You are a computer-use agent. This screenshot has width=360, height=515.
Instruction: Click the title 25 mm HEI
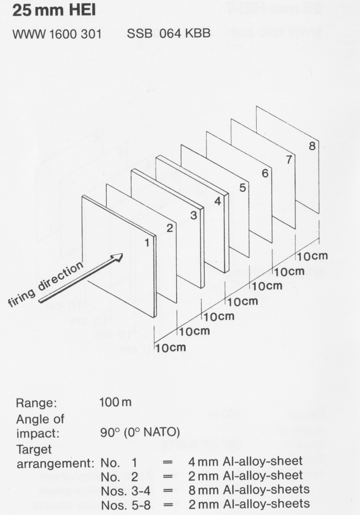point(54,10)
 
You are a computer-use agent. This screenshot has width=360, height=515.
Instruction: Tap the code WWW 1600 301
point(57,34)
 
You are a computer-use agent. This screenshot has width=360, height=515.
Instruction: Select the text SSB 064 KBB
point(168,34)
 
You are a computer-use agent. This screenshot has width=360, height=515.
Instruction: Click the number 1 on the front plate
point(147,243)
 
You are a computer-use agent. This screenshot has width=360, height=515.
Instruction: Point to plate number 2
point(170,228)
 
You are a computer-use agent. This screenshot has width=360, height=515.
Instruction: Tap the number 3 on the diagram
point(194,215)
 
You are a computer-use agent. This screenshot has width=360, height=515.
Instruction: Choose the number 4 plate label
point(217,201)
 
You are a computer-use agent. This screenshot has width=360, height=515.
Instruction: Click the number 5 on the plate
point(242,188)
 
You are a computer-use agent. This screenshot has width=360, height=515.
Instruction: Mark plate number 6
point(265,173)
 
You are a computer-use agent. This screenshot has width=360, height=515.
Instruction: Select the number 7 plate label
point(289,159)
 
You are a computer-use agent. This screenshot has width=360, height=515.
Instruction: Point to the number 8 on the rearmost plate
point(312,145)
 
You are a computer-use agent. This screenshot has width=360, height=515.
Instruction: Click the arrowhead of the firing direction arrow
point(118,257)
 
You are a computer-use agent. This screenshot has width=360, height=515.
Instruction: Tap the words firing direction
point(46,284)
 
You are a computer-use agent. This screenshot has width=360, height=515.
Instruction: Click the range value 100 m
point(115,402)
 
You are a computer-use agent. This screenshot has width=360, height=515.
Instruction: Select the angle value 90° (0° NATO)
point(140,432)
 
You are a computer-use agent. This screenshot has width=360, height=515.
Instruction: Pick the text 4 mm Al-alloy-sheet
point(246,461)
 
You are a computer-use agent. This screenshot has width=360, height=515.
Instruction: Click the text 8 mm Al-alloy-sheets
point(249,489)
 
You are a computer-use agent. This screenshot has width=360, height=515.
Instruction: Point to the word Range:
point(36,403)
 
